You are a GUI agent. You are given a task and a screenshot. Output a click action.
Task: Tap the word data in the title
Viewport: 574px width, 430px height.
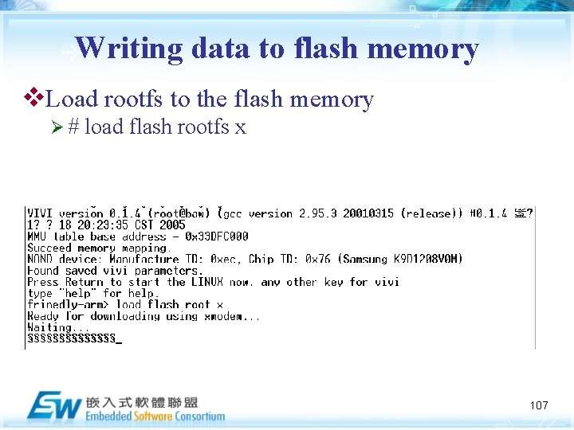pyautogui.click(x=220, y=49)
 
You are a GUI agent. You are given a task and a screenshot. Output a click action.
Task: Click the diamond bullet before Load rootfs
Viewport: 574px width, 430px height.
pyautogui.click(x=34, y=99)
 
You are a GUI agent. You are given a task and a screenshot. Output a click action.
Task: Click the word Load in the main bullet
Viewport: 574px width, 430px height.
pyautogui.click(x=73, y=99)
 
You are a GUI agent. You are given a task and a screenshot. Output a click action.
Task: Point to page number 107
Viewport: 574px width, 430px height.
pyautogui.click(x=539, y=405)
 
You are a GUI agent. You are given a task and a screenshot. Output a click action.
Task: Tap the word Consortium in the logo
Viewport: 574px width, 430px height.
pyautogui.click(x=195, y=416)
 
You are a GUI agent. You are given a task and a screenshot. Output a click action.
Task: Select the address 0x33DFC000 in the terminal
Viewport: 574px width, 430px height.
pyautogui.click(x=216, y=236)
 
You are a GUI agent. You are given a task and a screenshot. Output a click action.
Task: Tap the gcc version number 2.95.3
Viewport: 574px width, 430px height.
pyautogui.click(x=318, y=213)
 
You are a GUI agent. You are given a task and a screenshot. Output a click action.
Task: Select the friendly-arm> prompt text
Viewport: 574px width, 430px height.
pyautogui.click(x=69, y=304)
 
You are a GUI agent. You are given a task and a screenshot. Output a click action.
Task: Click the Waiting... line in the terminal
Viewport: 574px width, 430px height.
pyautogui.click(x=54, y=327)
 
